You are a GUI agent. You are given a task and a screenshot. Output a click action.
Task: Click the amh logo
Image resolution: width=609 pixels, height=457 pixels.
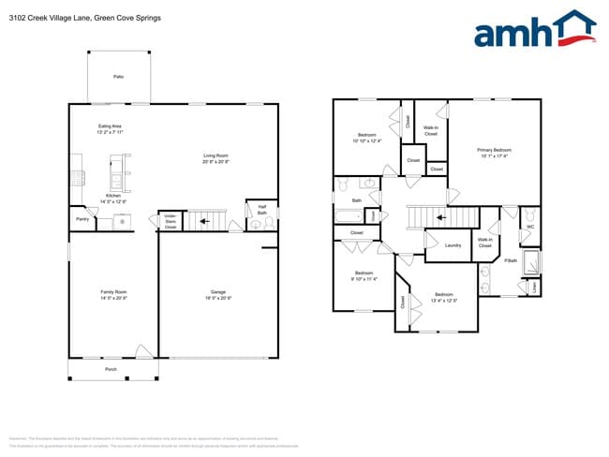tap(534, 30)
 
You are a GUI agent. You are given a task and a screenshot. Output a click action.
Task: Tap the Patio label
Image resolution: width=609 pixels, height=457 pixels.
tap(118, 77)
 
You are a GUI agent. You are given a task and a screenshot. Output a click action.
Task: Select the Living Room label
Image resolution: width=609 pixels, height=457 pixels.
tap(216, 158)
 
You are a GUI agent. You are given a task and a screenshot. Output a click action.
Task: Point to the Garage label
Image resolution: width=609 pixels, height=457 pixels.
tap(218, 295)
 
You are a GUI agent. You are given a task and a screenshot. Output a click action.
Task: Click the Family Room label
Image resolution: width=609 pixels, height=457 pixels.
tap(113, 295)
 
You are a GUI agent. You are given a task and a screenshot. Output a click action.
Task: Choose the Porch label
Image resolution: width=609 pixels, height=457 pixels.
tap(111, 370)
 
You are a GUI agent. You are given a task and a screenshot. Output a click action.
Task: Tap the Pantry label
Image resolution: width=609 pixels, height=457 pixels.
tap(82, 220)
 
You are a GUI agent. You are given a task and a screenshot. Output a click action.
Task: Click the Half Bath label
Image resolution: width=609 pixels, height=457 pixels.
tap(262, 211)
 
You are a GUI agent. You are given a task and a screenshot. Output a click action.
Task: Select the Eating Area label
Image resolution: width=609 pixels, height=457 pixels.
tap(111, 129)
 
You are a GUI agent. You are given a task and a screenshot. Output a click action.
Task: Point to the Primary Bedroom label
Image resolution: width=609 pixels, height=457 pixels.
tap(494, 153)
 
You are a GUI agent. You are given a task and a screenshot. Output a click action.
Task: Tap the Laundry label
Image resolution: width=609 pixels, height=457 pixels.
tap(453, 245)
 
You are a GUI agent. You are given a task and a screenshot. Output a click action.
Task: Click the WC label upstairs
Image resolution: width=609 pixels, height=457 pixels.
tap(530, 226)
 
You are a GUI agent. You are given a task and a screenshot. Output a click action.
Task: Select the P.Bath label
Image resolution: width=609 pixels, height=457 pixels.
tap(511, 260)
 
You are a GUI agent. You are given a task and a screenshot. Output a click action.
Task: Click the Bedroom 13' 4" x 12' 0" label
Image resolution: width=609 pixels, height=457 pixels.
tap(443, 298)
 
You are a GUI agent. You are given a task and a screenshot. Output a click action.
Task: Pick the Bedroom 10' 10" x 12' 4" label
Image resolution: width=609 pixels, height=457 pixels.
tap(366, 138)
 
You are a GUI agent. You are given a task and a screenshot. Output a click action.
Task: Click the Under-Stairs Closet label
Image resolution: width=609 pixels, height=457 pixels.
tap(170, 222)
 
